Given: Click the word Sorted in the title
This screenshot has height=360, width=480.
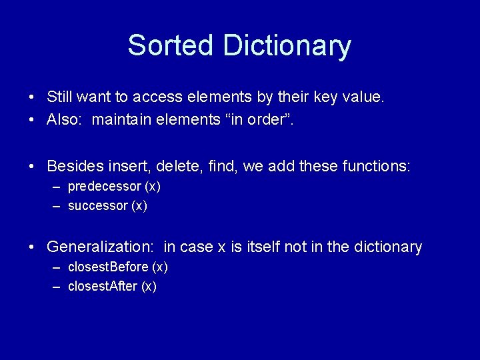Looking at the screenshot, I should [x=170, y=45].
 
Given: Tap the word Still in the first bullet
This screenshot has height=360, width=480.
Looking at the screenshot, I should [x=59, y=97].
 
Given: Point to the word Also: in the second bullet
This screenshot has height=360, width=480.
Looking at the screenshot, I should [x=64, y=120].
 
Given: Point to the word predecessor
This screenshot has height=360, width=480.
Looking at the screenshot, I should [x=104, y=187].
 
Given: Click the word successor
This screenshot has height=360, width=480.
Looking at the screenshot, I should [x=97, y=206].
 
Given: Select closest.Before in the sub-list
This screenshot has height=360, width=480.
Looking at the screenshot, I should [x=108, y=267].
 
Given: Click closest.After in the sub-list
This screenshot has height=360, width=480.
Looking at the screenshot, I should [x=103, y=287].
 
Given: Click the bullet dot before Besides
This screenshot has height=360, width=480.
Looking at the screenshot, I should [x=32, y=166].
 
